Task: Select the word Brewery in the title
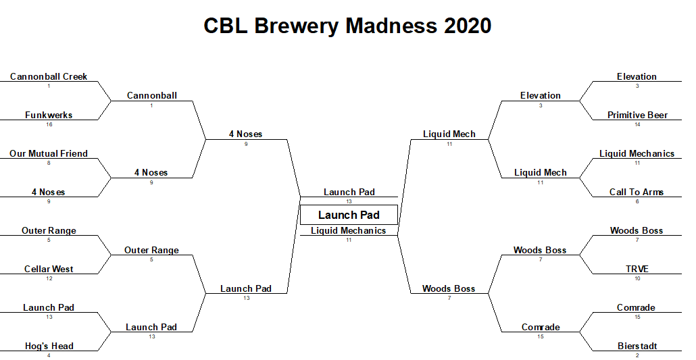pyautogui.click(x=296, y=26)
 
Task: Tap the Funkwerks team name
pyautogui.click(x=49, y=115)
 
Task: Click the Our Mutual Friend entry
pyautogui.click(x=49, y=153)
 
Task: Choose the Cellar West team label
pyautogui.click(x=49, y=269)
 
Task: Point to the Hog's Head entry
pyautogui.click(x=49, y=346)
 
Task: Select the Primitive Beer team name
pyautogui.click(x=637, y=115)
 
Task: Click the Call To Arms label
pyautogui.click(x=637, y=192)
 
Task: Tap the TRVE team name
pyautogui.click(x=637, y=269)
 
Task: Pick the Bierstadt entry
pyautogui.click(x=637, y=346)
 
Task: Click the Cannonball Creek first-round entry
pyautogui.click(x=49, y=77)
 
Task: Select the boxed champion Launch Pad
pyautogui.click(x=349, y=215)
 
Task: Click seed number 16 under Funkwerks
pyautogui.click(x=49, y=124)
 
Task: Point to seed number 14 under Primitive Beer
pyautogui.click(x=637, y=124)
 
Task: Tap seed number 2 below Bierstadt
pyautogui.click(x=637, y=355)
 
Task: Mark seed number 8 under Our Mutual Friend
pyautogui.click(x=49, y=163)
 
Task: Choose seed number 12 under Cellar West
pyautogui.click(x=49, y=278)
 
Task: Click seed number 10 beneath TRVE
pyautogui.click(x=637, y=278)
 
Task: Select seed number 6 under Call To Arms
pyautogui.click(x=637, y=201)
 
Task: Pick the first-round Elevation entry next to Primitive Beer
pyautogui.click(x=637, y=77)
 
